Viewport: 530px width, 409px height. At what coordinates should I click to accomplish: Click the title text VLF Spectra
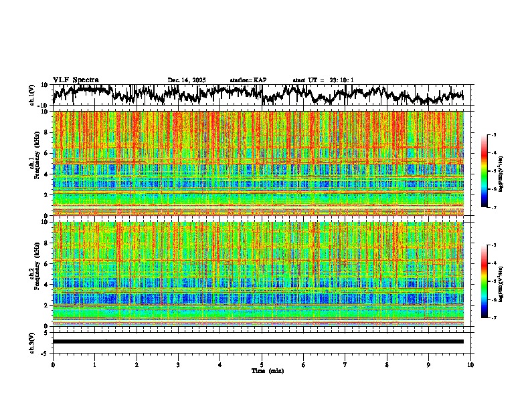click(76, 80)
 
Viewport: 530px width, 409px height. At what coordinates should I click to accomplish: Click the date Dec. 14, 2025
click(187, 80)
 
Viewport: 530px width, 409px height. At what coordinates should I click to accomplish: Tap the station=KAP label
click(248, 80)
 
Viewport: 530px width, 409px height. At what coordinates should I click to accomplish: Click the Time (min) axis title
click(267, 370)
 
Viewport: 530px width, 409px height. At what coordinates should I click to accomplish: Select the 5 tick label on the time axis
click(262, 364)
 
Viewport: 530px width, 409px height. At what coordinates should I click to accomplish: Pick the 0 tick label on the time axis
click(53, 364)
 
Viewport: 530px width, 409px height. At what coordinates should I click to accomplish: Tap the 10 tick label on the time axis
click(470, 364)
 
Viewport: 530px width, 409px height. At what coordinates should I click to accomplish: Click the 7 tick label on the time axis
click(345, 364)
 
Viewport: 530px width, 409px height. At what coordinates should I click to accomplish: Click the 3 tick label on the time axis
click(178, 364)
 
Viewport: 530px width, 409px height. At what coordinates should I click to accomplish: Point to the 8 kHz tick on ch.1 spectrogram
click(47, 132)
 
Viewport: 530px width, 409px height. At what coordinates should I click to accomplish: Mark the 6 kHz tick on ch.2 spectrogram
click(47, 263)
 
